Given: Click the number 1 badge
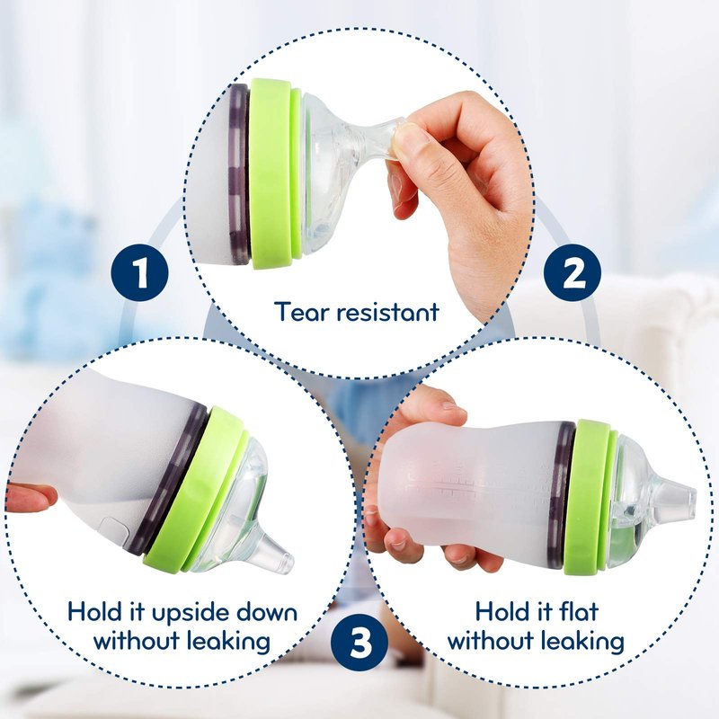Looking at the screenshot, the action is coord(140,273).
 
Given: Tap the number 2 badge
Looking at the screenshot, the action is coord(573,273).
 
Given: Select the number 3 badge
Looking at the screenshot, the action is coord(359,643).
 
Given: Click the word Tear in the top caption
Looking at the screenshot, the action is coord(302,312).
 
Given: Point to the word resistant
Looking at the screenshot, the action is coord(388,312).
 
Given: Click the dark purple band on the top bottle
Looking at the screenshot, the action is coord(238,174).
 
